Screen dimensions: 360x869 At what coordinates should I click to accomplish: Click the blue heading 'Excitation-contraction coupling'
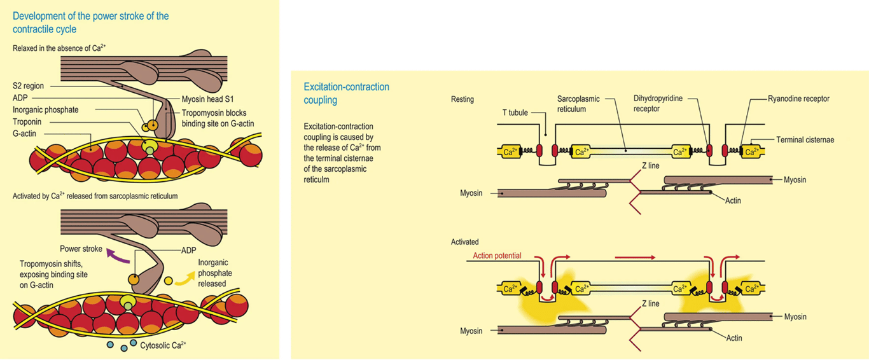(x=346, y=93)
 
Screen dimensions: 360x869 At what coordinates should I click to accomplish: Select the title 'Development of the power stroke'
(x=90, y=22)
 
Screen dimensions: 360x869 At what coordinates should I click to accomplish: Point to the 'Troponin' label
(x=27, y=121)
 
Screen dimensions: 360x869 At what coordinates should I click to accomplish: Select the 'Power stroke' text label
(x=81, y=249)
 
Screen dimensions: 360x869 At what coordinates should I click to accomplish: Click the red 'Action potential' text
(x=497, y=256)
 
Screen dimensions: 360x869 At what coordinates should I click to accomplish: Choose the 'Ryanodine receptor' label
(x=798, y=99)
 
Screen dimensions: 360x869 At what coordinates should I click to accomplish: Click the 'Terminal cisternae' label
(x=805, y=139)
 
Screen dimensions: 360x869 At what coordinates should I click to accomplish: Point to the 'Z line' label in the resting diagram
(x=651, y=166)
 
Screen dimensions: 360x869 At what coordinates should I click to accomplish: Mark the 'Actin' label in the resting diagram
(x=733, y=200)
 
